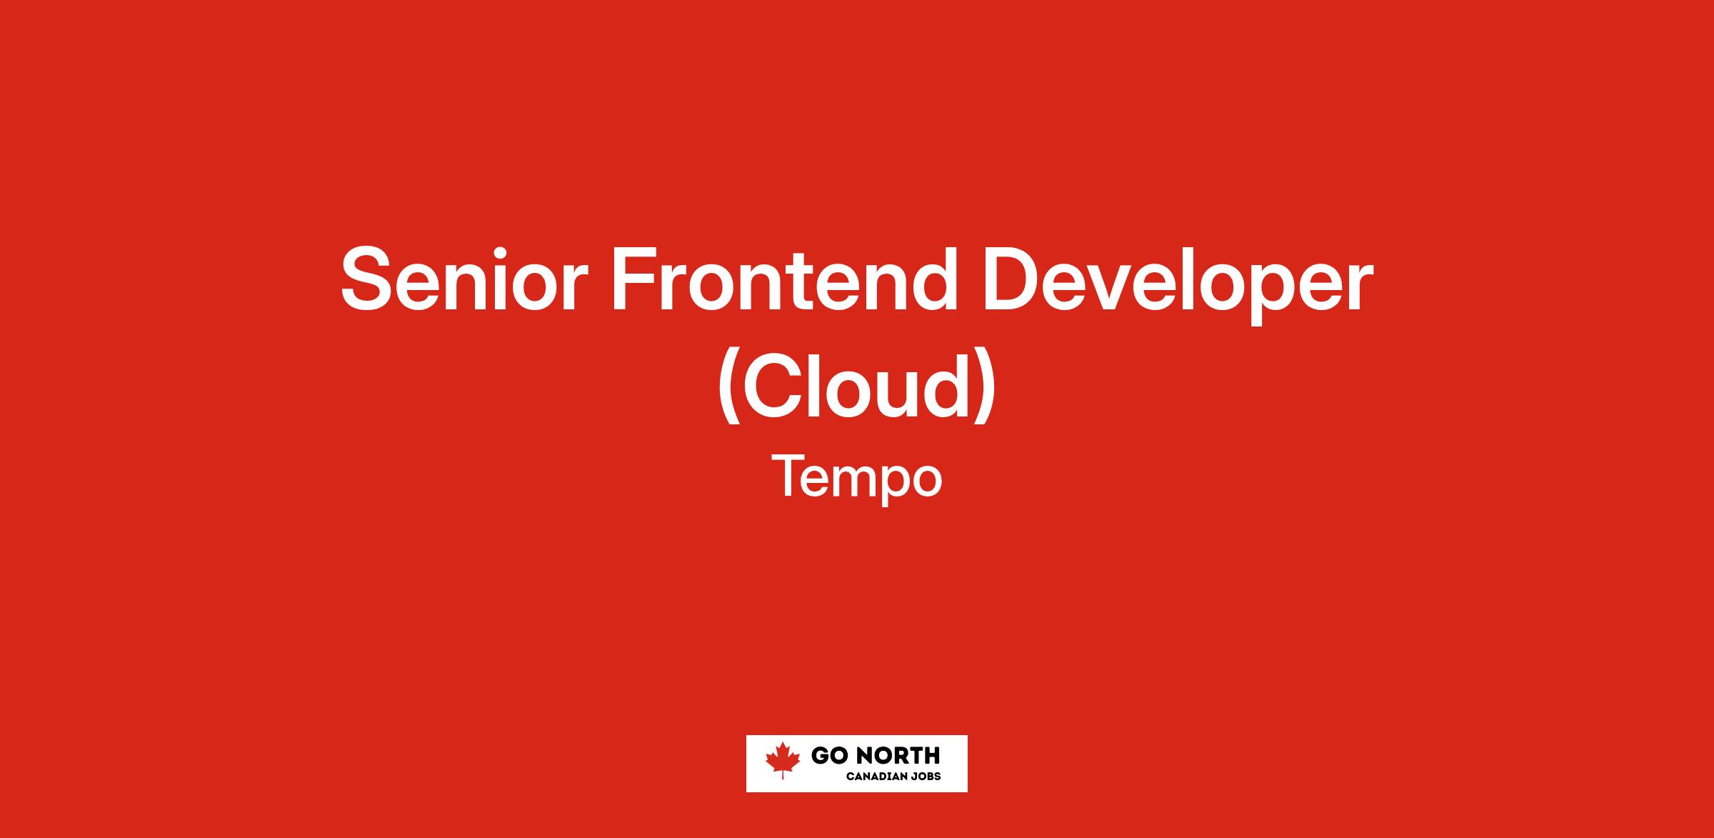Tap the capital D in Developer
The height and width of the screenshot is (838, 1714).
point(1013,279)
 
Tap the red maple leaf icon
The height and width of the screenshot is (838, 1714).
point(782,761)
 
